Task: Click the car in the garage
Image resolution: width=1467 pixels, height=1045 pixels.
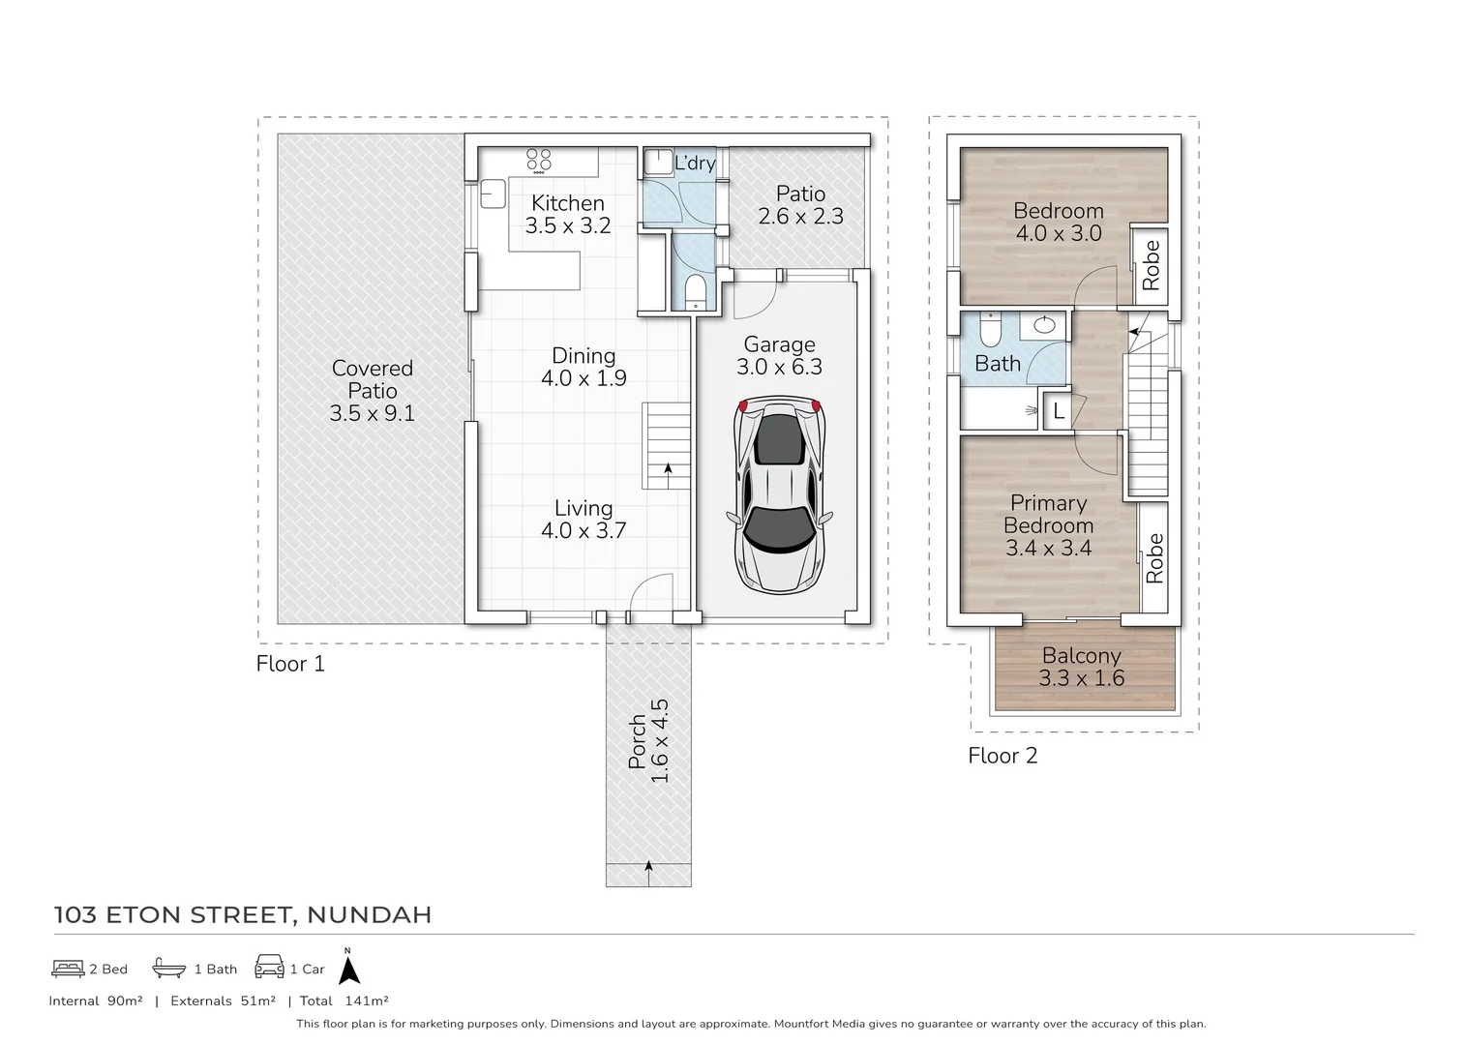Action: (x=779, y=495)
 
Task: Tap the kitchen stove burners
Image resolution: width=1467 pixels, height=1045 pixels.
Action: (x=538, y=161)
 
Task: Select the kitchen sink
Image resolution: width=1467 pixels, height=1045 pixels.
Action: (x=493, y=194)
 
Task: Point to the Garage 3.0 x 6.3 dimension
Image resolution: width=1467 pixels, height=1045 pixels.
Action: (x=779, y=367)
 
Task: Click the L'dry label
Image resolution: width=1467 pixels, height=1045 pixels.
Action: (x=695, y=163)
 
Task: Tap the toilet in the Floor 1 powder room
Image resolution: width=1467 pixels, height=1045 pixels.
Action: (x=695, y=291)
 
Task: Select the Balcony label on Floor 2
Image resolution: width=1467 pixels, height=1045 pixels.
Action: (x=1081, y=655)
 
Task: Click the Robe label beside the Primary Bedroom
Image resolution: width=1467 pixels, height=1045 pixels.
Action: (x=1153, y=558)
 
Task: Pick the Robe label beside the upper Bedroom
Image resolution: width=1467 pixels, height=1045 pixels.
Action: (x=1151, y=265)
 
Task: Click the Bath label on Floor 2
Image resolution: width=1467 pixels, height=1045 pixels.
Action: (x=998, y=364)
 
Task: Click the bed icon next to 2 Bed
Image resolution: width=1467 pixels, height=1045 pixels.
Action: (x=68, y=969)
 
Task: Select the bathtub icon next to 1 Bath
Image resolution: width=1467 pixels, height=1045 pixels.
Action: (x=169, y=969)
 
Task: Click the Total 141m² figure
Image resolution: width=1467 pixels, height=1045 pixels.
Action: (x=344, y=1001)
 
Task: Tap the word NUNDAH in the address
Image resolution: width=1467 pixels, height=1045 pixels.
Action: (x=370, y=914)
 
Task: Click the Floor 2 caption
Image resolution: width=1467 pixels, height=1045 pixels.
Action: (x=1003, y=756)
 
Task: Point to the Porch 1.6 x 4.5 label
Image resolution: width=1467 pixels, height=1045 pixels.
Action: (x=648, y=741)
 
